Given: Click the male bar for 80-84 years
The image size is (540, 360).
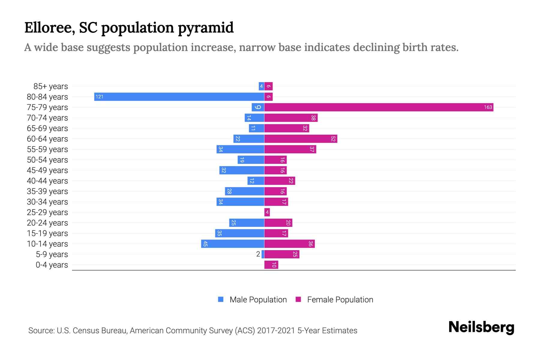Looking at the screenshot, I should point(179,97).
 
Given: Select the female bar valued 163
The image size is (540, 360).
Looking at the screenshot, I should point(379,107).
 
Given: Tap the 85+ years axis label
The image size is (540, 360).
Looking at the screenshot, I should point(50,86).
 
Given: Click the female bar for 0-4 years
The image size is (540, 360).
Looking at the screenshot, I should point(271,265).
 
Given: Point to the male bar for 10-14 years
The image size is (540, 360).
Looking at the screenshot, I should point(232,244).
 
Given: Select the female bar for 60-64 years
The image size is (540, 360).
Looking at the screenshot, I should point(301,139).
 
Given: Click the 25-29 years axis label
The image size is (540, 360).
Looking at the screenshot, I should point(47,212).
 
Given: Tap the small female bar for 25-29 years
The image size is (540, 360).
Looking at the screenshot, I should point(267,212).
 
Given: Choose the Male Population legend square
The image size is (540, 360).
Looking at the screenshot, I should point(221,299).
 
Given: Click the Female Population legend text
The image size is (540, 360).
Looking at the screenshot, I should point(340,300).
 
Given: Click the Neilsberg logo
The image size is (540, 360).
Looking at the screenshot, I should point(481,327).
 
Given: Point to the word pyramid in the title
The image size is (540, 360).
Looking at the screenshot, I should point(205,28).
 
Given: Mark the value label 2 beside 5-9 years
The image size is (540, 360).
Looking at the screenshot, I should point(258,254).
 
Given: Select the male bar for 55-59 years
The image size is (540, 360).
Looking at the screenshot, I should point(240,149).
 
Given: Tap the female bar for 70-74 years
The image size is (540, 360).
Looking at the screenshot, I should point(291,118).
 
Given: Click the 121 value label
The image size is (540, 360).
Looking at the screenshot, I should point(99,97).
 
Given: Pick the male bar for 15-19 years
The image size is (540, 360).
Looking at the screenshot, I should point(239,233).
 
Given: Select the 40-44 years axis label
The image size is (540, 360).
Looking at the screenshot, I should point(47,181).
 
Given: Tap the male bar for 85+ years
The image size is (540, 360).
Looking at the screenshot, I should point(261,86).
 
